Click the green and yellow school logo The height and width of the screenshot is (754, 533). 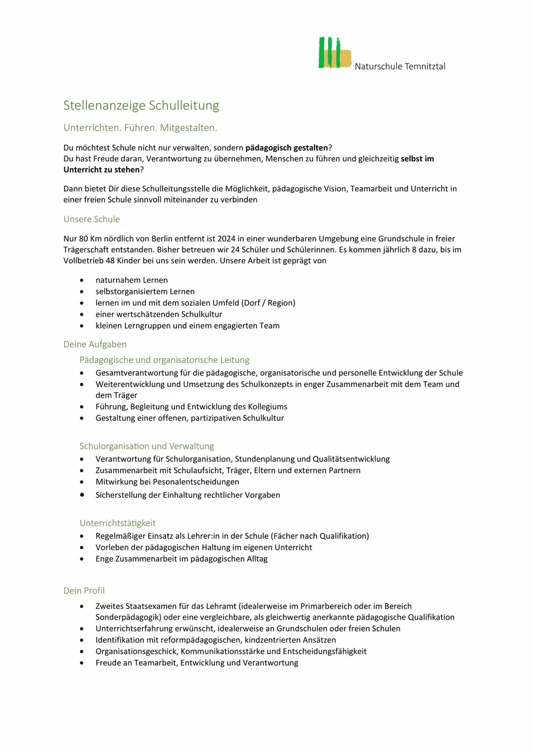coord(334,53)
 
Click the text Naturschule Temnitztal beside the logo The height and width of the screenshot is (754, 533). coord(400,66)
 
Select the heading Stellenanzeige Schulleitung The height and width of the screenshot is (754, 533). coord(141,105)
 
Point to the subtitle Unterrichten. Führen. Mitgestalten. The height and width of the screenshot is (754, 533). coord(140,127)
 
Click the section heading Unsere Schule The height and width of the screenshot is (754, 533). coord(91,219)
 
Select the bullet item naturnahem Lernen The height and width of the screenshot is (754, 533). coord(131,280)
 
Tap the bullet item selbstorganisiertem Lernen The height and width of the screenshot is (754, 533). coord(145,292)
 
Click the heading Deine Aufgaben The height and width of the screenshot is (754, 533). coord(95,344)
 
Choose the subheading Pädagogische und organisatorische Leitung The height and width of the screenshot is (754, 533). coord(164,359)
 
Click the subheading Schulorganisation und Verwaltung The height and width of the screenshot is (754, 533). coord(147,446)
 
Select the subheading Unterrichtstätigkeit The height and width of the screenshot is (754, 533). coord(117,522)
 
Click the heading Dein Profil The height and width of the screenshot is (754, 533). coord(84,590)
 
